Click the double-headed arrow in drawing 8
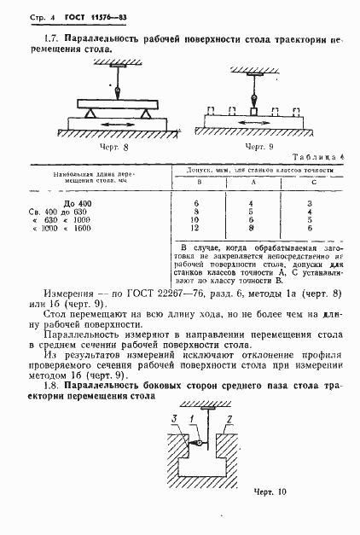119,124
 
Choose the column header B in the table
200,183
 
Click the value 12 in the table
199,228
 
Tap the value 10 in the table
199,220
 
